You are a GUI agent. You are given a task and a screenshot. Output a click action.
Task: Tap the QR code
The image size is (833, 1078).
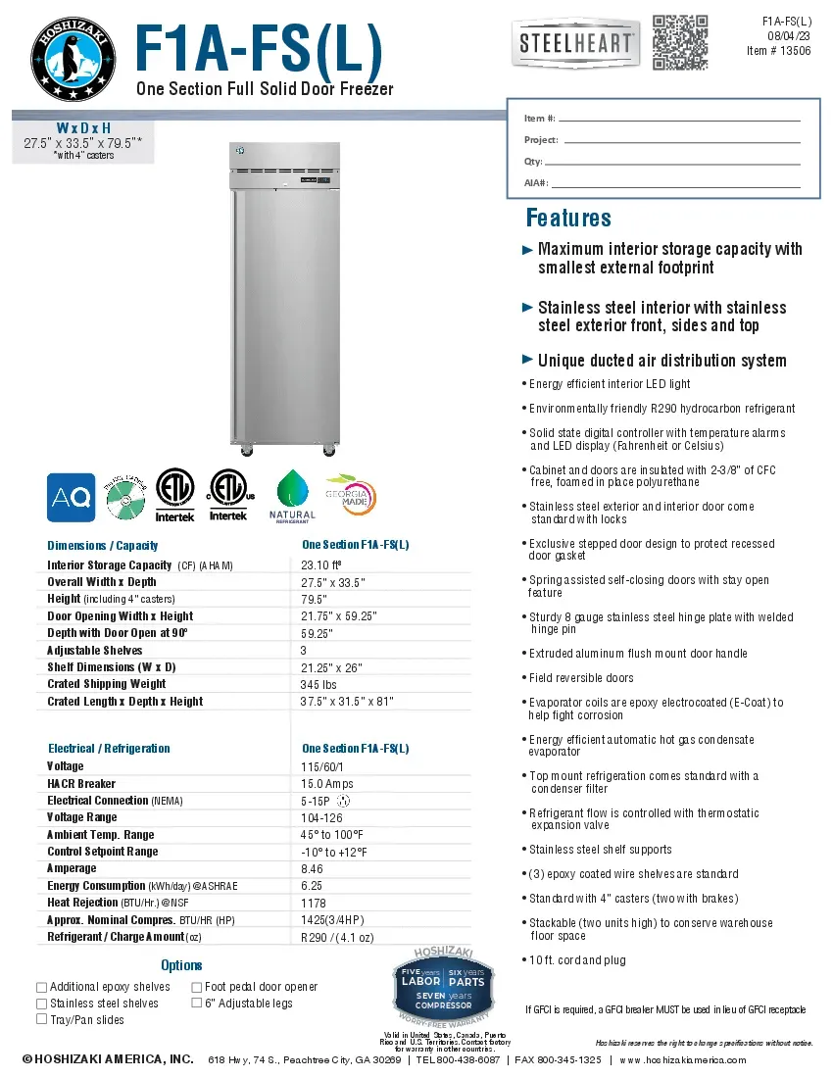tap(679, 42)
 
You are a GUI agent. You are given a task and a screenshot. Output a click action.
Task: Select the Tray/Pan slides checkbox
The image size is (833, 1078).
tap(41, 1019)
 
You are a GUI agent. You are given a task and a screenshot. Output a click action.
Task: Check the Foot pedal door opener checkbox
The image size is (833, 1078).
tap(196, 987)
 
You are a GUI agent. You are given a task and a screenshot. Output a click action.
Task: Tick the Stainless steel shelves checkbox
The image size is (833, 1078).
tap(41, 1004)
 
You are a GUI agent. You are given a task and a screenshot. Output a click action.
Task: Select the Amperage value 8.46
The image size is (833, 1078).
tap(313, 868)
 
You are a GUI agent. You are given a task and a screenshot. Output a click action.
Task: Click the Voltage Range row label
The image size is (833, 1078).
tap(81, 817)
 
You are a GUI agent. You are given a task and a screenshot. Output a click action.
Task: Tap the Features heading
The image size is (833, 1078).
tap(568, 218)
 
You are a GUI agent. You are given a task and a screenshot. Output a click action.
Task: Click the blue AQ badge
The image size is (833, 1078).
tap(71, 497)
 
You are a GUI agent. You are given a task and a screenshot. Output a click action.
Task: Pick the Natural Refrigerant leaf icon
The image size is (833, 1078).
tap(292, 488)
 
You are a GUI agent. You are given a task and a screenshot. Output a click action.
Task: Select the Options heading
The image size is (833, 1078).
tap(181, 965)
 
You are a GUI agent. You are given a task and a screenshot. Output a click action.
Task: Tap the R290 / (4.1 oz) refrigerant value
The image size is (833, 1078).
tap(339, 937)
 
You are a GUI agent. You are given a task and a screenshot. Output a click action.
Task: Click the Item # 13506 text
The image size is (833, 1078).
tap(778, 51)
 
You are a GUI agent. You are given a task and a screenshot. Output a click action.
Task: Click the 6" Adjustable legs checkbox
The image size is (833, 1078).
tap(196, 1004)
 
